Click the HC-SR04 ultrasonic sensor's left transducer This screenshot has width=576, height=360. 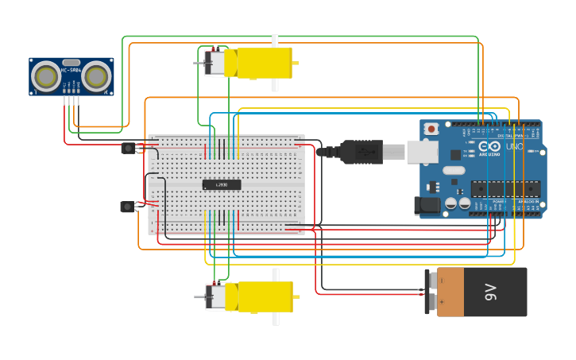[x=44, y=76]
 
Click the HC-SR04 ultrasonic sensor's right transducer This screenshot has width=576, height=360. [x=97, y=76]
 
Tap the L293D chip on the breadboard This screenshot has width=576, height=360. [x=222, y=184]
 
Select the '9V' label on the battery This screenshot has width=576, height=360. [x=490, y=292]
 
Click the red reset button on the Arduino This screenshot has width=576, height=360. [x=431, y=129]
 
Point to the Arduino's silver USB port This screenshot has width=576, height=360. [x=422, y=151]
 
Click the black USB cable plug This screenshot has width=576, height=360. [x=361, y=151]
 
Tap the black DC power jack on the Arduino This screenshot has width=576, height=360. [x=427, y=205]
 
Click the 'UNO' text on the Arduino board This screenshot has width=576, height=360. [x=515, y=146]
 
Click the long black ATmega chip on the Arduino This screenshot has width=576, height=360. [x=505, y=189]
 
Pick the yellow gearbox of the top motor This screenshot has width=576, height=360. [x=259, y=63]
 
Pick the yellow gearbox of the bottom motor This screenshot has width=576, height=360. [x=260, y=296]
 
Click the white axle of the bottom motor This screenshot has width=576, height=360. [x=276, y=318]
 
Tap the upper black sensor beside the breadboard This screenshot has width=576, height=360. [x=129, y=148]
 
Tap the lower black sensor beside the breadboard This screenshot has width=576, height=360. [x=127, y=207]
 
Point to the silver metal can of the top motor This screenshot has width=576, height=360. [x=215, y=63]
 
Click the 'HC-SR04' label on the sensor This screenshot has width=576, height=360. [x=71, y=70]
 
